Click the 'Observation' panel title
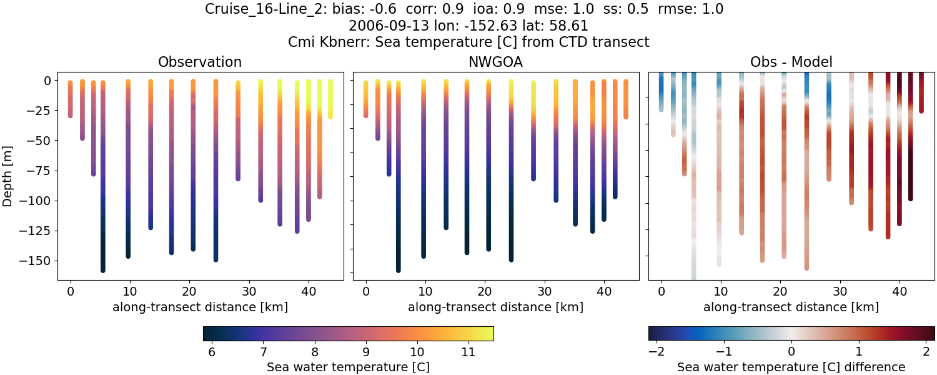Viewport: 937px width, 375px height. click(200, 62)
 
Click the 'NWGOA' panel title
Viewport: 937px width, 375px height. click(495, 62)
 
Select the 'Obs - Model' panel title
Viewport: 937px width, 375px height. click(791, 62)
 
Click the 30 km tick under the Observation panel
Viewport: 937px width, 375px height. click(249, 291)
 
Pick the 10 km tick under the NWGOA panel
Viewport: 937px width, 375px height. click(425, 291)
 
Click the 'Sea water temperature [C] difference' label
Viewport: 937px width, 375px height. click(791, 367)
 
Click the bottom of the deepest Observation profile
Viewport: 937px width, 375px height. click(102, 269)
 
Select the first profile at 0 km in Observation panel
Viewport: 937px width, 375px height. click(70, 99)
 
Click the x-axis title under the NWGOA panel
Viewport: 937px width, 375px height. click(495, 307)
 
